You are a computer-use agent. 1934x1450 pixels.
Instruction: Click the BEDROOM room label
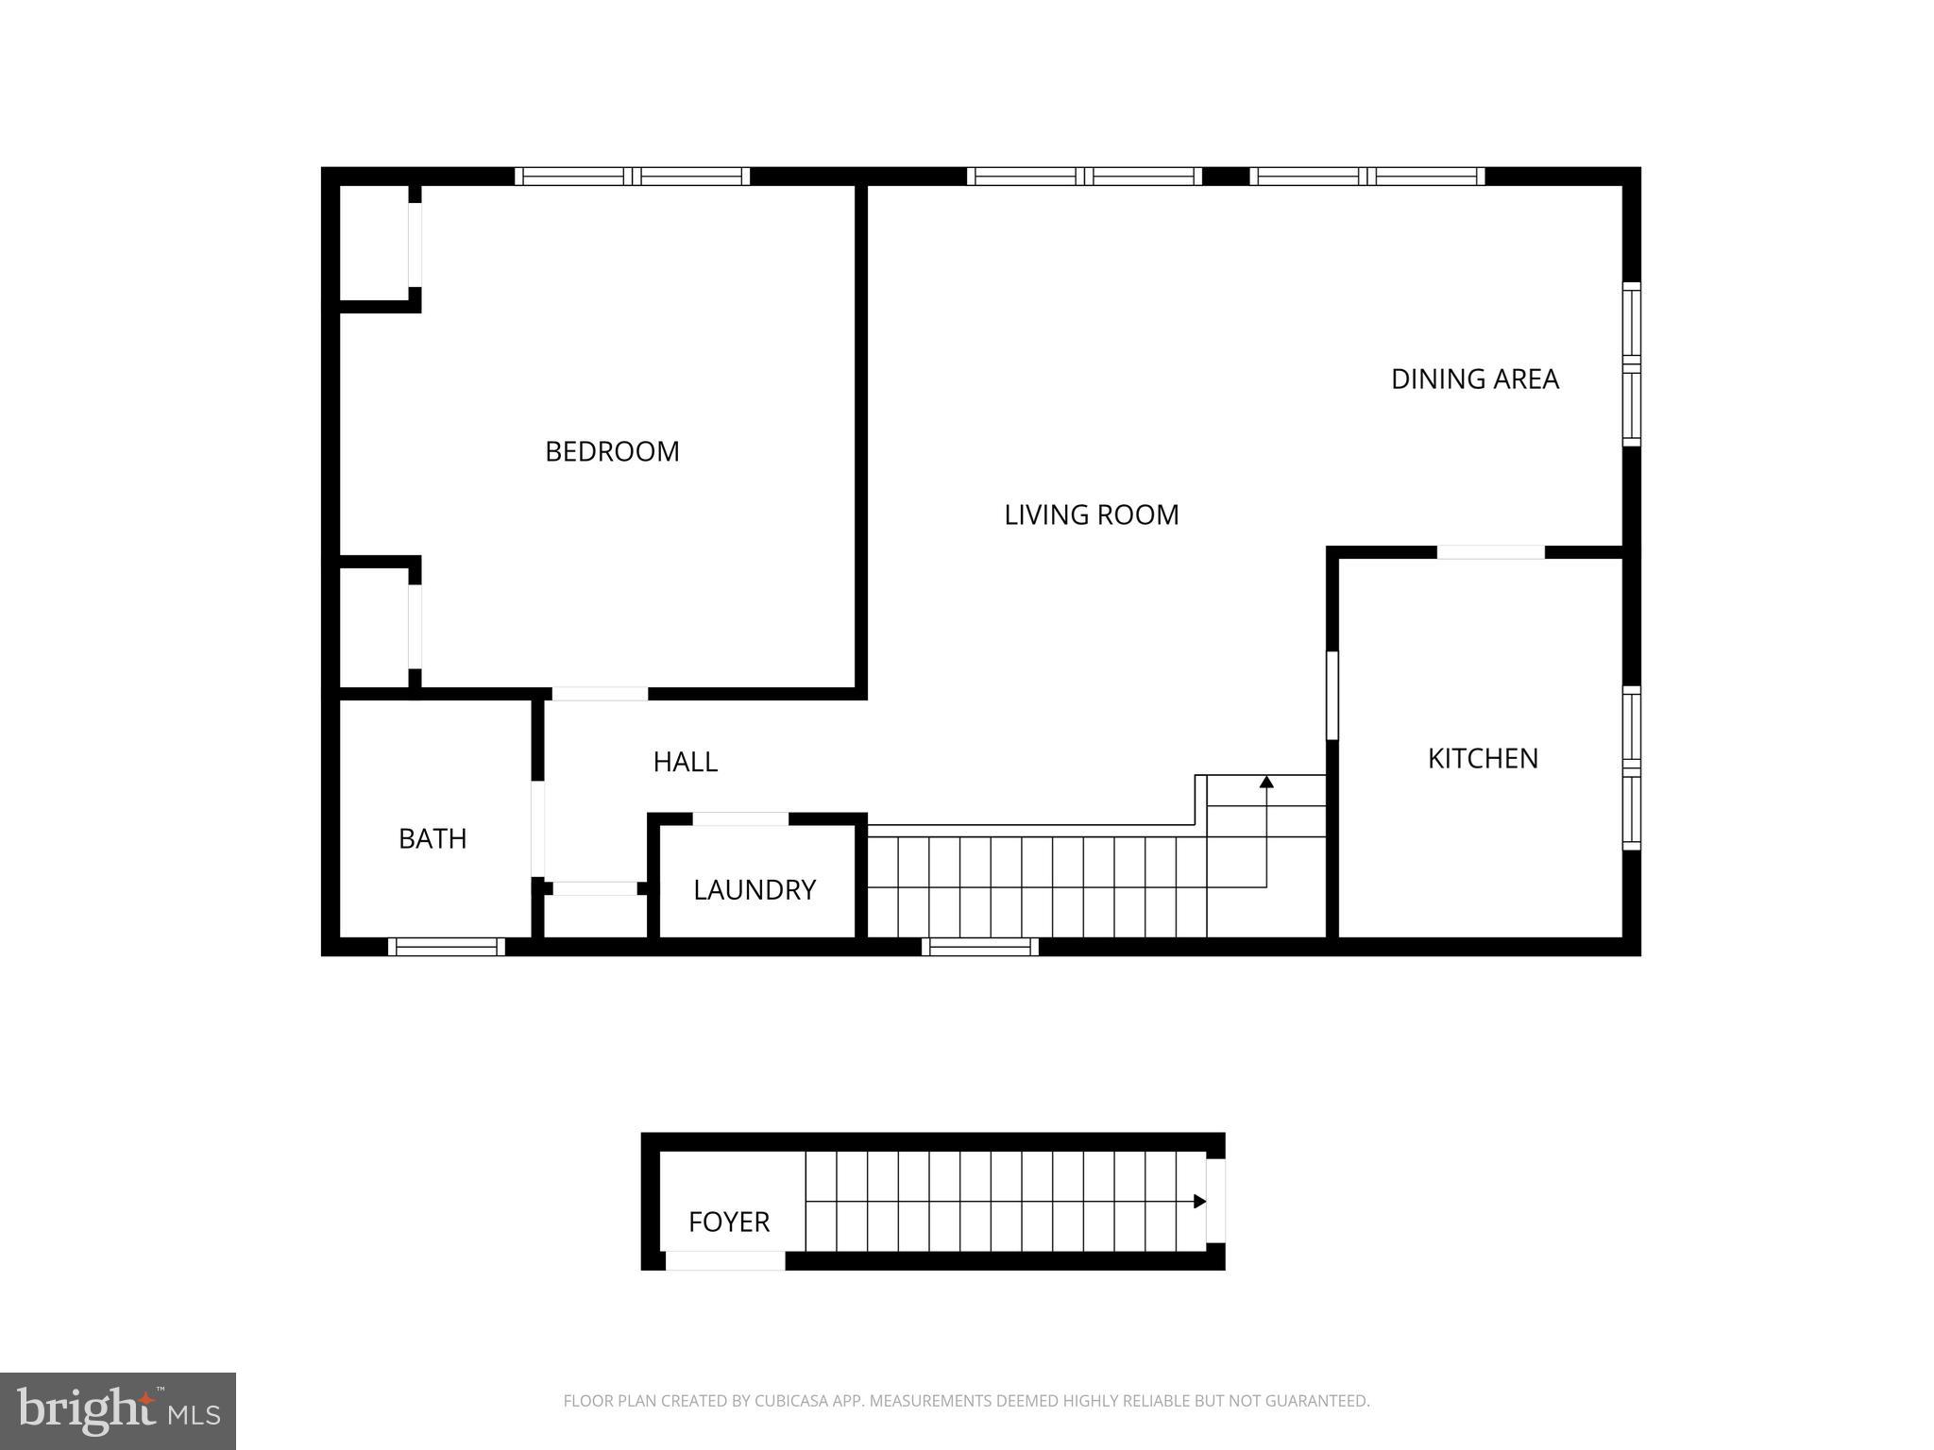612,451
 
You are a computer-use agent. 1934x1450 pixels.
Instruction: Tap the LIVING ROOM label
1091,514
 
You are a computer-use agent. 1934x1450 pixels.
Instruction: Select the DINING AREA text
1474,379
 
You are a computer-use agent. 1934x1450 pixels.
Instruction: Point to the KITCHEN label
1483,758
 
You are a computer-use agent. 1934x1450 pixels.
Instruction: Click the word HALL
685,762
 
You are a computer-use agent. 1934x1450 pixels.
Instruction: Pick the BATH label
433,838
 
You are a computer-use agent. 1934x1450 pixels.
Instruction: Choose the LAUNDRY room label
754,889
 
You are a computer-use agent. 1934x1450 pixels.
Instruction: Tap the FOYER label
728,1222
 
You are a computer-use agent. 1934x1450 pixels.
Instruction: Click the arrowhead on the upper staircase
1266,782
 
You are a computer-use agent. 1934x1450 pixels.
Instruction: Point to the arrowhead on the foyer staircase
1199,1202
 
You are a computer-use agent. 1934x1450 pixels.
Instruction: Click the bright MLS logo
118,1411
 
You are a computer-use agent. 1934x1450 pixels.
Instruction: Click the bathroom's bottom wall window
447,947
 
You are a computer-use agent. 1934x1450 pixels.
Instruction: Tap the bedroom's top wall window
632,177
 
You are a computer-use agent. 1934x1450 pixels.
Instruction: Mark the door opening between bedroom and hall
600,694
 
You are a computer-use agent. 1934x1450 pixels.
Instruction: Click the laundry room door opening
740,818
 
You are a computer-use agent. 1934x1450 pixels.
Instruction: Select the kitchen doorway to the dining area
1490,552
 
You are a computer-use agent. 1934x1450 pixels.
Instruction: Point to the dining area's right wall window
1631,363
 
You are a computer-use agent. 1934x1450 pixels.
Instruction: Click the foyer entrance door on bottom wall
725,1260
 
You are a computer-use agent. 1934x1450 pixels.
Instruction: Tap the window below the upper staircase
980,947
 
